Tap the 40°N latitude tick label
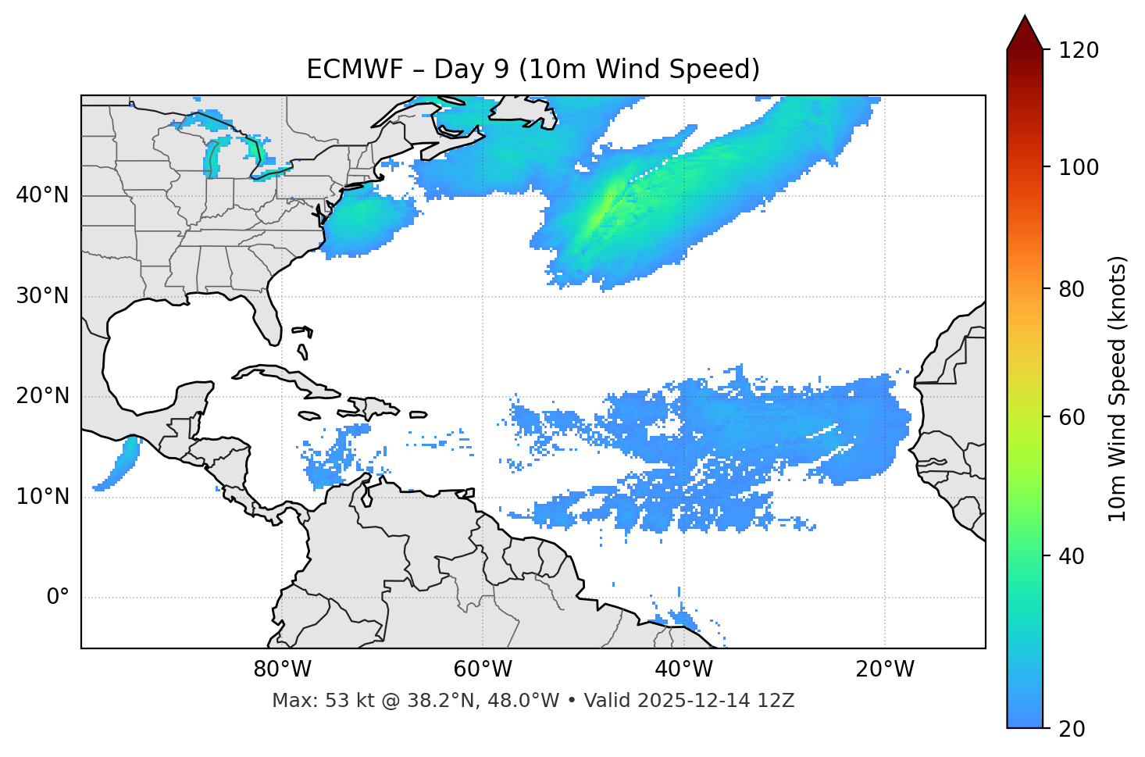pyautogui.click(x=42, y=195)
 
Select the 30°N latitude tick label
pyautogui.click(x=42, y=296)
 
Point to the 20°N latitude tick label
pyautogui.click(x=42, y=396)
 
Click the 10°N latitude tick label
pyautogui.click(x=42, y=497)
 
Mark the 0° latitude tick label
pyautogui.click(x=58, y=598)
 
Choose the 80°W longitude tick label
pyautogui.click(x=282, y=670)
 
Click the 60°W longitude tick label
pyautogui.click(x=483, y=670)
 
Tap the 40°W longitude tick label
pyautogui.click(x=683, y=670)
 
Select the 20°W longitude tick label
pyautogui.click(x=884, y=670)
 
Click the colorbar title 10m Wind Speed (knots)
pyautogui.click(x=1118, y=388)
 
